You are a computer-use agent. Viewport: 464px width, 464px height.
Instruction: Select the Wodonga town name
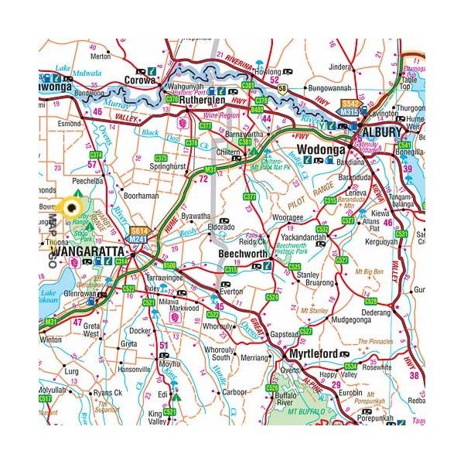(316, 146)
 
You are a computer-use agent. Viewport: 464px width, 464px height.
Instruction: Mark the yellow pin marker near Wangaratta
(75, 205)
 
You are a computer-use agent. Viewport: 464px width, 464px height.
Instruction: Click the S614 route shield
(139, 230)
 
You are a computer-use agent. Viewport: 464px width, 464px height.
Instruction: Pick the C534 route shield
(351, 364)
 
